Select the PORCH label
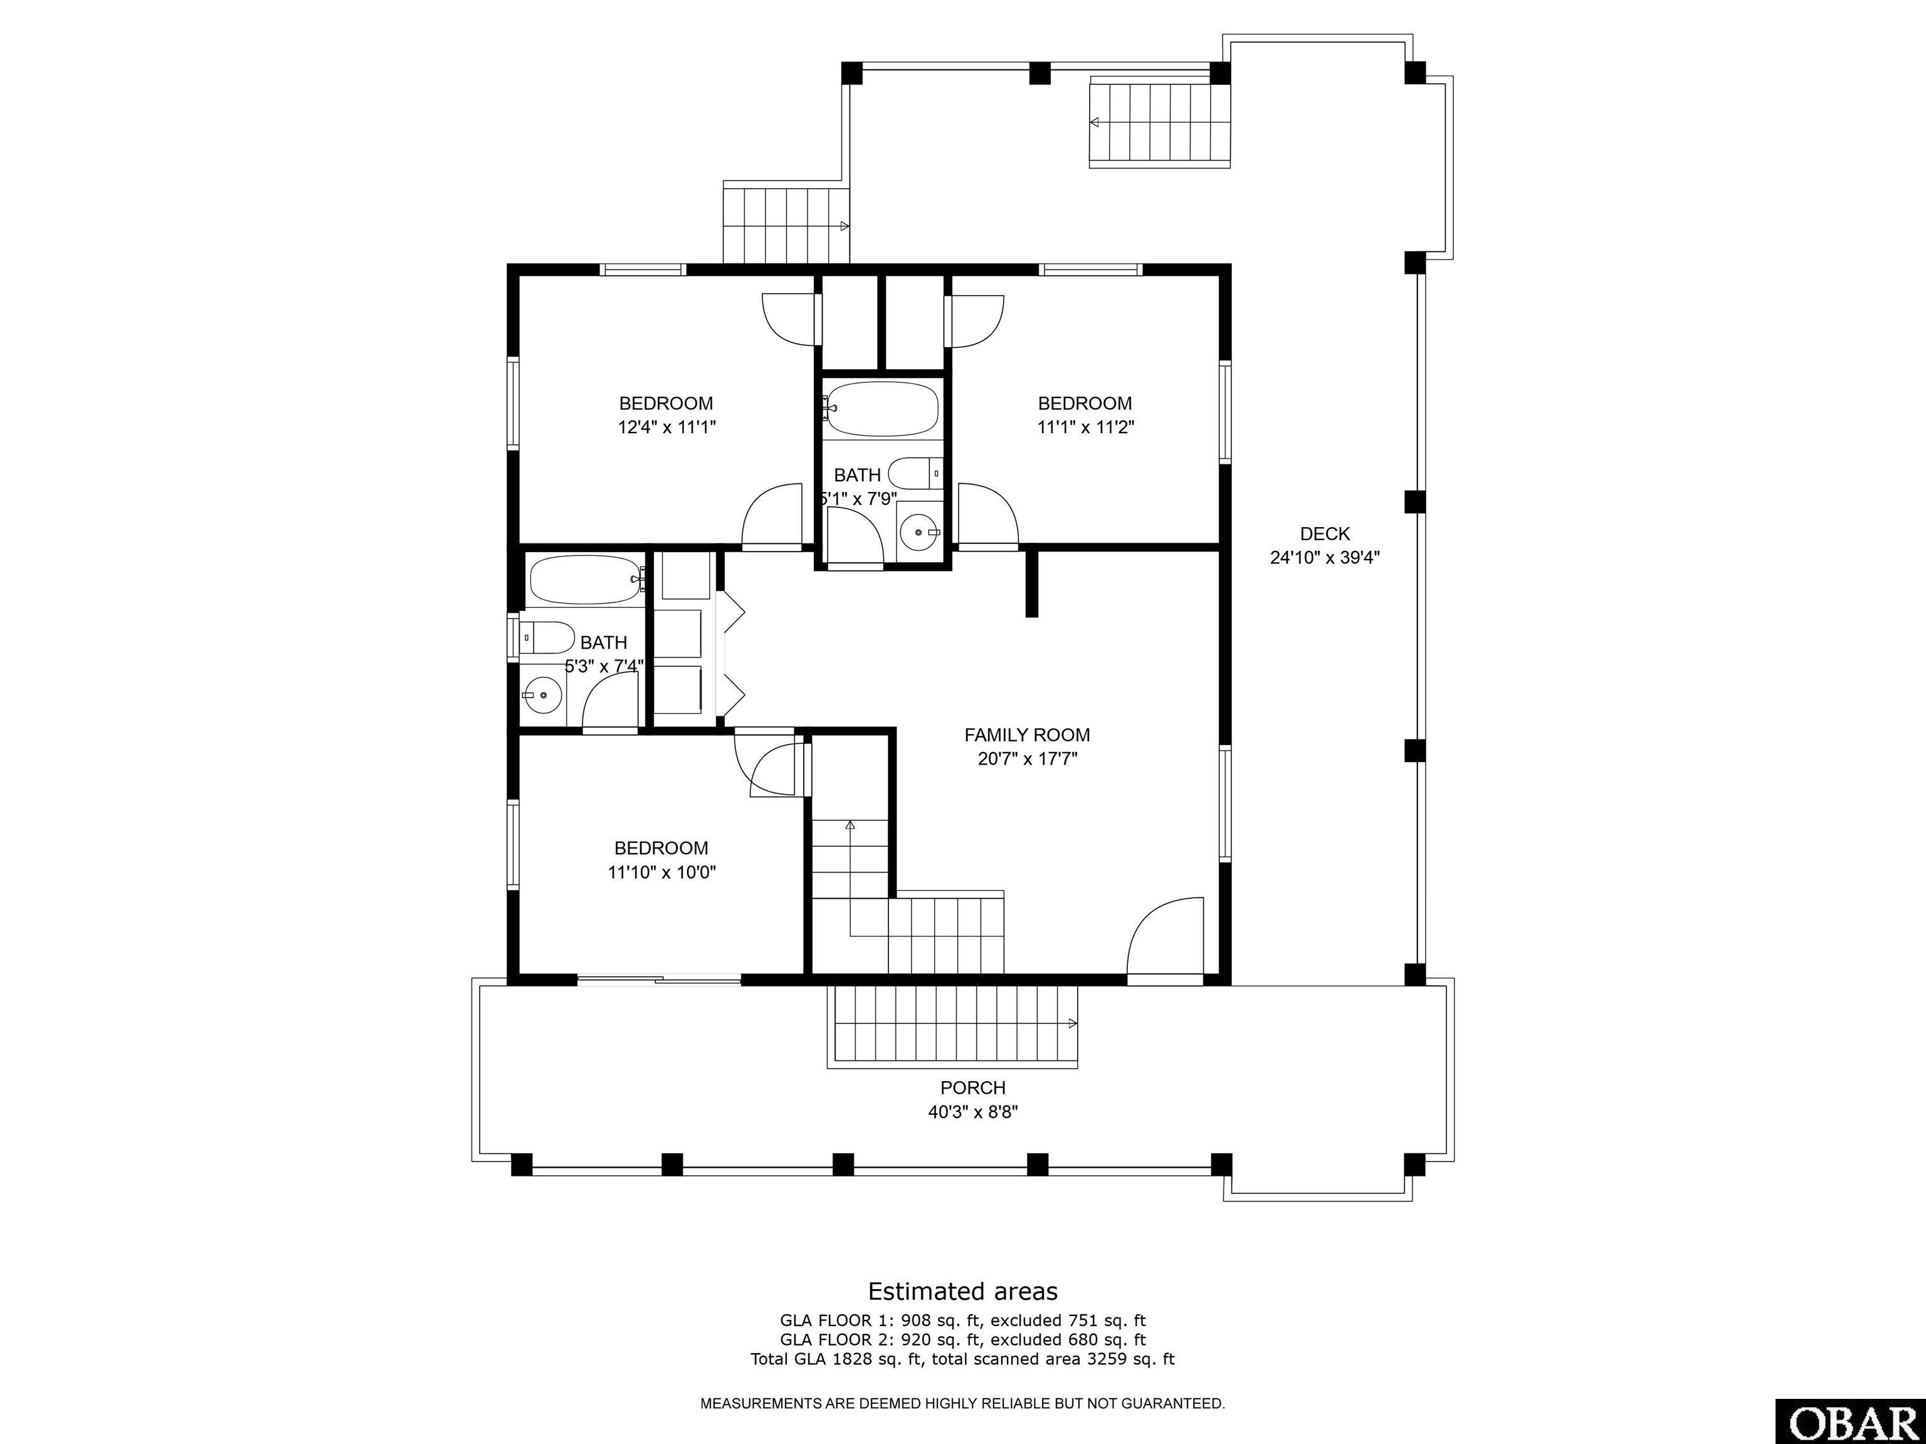point(972,1087)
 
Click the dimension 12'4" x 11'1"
point(666,427)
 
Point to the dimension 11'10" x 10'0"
point(661,871)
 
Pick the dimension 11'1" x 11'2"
point(1085,427)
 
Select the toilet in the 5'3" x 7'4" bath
point(548,638)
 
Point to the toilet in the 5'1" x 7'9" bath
point(918,473)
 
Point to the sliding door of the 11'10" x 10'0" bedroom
point(659,980)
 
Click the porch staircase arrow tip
point(1078,1023)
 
